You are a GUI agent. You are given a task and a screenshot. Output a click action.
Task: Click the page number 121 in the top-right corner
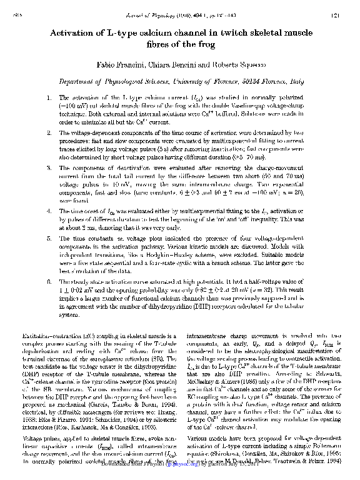pos(334,16)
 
